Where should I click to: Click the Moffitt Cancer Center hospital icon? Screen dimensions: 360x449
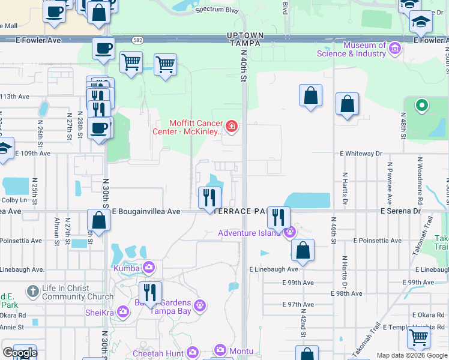(232, 127)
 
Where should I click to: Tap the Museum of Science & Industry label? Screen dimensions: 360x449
(364, 49)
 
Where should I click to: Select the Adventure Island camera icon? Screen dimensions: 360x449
(290, 231)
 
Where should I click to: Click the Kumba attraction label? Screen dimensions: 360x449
(127, 267)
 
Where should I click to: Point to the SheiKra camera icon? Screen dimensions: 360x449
(124, 311)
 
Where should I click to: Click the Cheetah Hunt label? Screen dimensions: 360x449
(158, 353)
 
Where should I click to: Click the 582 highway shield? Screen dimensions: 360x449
(137, 40)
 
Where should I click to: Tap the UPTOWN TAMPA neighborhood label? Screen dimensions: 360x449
(244, 40)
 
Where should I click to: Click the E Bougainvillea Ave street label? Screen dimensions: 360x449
(146, 211)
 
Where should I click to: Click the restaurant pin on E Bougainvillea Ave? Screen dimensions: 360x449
(209, 197)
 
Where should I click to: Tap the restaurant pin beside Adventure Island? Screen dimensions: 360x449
(278, 217)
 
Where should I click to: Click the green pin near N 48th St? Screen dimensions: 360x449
(422, 106)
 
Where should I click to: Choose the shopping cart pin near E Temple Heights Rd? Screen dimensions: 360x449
(418, 337)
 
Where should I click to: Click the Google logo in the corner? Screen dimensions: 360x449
(20, 353)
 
